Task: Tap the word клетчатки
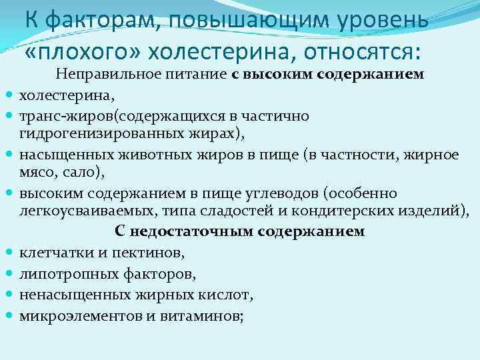pyautogui.click(x=52, y=253)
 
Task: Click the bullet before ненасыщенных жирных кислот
pyautogui.click(x=10, y=293)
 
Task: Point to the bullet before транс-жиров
pyautogui.click(x=10, y=115)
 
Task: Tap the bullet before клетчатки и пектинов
pyautogui.click(x=10, y=253)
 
